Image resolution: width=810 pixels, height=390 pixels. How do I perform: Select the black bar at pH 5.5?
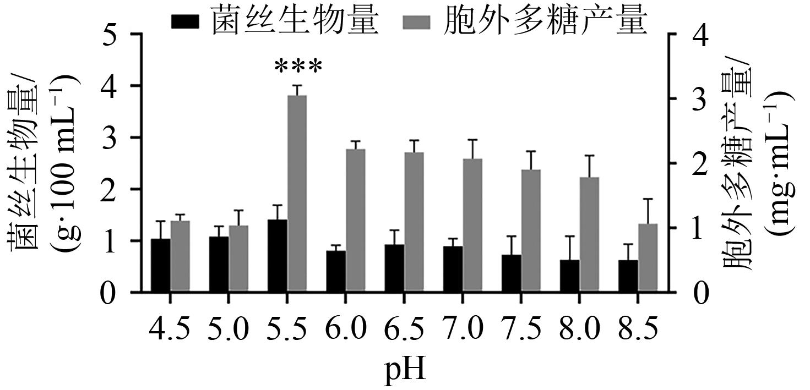click(278, 256)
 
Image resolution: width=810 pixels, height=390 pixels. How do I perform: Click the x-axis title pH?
click(405, 372)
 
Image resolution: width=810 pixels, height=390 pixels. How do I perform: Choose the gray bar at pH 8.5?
click(648, 258)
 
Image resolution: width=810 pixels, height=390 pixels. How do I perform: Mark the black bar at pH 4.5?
click(160, 265)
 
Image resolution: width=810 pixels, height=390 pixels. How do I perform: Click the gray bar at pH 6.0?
click(356, 221)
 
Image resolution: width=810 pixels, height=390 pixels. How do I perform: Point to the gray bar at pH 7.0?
click(472, 226)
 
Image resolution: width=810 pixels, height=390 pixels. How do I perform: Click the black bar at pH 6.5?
click(394, 268)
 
